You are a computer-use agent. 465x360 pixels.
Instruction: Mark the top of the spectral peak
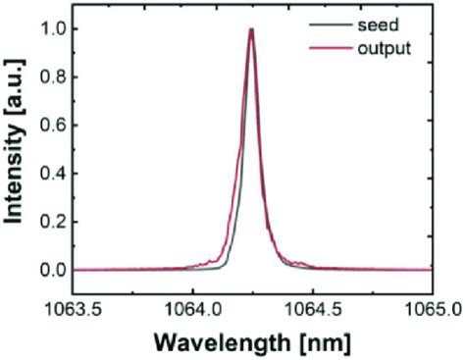(x=251, y=29)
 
